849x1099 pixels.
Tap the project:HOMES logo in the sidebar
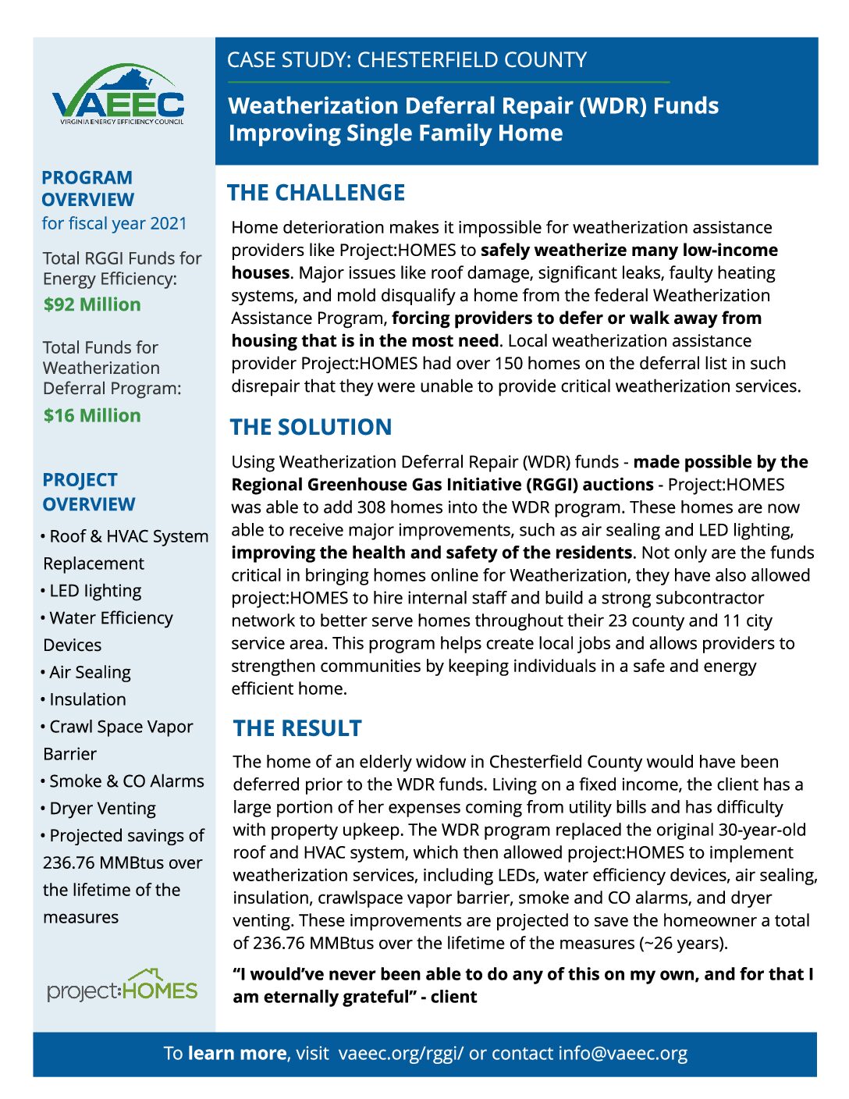point(122,987)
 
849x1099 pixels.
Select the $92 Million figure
point(92,304)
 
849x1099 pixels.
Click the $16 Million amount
point(92,415)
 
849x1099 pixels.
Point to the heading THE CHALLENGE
point(316,193)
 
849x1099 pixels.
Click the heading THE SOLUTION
point(311,427)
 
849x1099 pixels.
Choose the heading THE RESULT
point(297,728)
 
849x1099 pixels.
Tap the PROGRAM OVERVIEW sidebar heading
point(87,189)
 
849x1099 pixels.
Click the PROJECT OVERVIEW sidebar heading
point(89,492)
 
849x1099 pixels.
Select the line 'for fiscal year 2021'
point(114,224)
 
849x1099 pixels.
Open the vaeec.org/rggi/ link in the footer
point(401,1054)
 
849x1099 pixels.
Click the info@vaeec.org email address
point(623,1054)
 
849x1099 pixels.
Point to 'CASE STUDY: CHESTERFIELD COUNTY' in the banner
point(407,60)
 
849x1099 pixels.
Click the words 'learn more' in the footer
point(237,1054)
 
